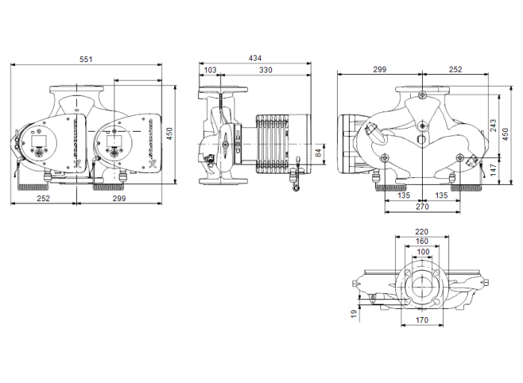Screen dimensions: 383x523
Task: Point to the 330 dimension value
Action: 265,70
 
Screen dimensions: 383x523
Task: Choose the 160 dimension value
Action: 422,241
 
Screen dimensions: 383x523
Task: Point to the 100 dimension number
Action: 423,251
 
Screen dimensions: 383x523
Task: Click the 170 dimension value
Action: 422,322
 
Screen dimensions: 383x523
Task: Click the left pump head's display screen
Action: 40,140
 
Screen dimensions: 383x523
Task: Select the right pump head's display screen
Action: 114,140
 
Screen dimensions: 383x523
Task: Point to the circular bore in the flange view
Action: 423,287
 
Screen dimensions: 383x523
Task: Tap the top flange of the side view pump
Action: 221,94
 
